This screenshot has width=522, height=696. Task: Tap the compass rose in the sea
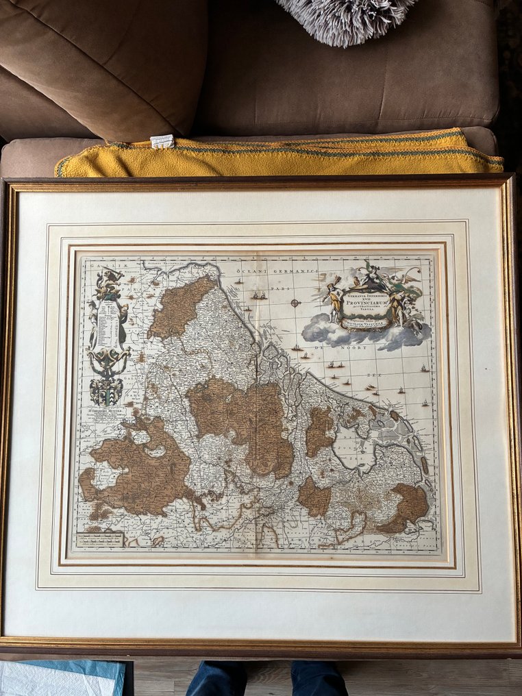coord(295,302)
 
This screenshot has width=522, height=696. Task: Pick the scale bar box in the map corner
coord(100,539)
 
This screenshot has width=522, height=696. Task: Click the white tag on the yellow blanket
coord(162,141)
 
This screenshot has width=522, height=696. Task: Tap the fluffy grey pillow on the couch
coord(346,17)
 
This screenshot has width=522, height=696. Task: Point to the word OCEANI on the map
coord(247,272)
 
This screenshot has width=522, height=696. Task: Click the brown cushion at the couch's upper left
coord(103,65)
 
